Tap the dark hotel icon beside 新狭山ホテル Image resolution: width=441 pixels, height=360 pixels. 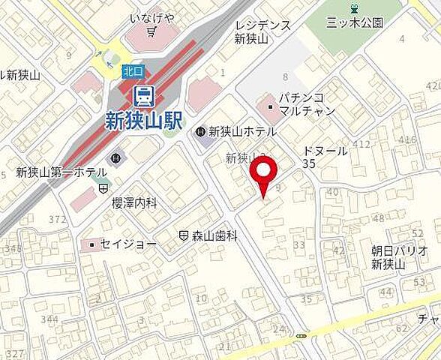tap(200, 132)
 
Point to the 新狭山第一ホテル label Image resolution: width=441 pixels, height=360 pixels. tap(62, 172)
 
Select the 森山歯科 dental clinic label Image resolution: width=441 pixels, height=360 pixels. tap(213, 235)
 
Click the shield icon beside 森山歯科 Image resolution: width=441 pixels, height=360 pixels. tap(184, 235)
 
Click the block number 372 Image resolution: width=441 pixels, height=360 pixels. tap(58, 219)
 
